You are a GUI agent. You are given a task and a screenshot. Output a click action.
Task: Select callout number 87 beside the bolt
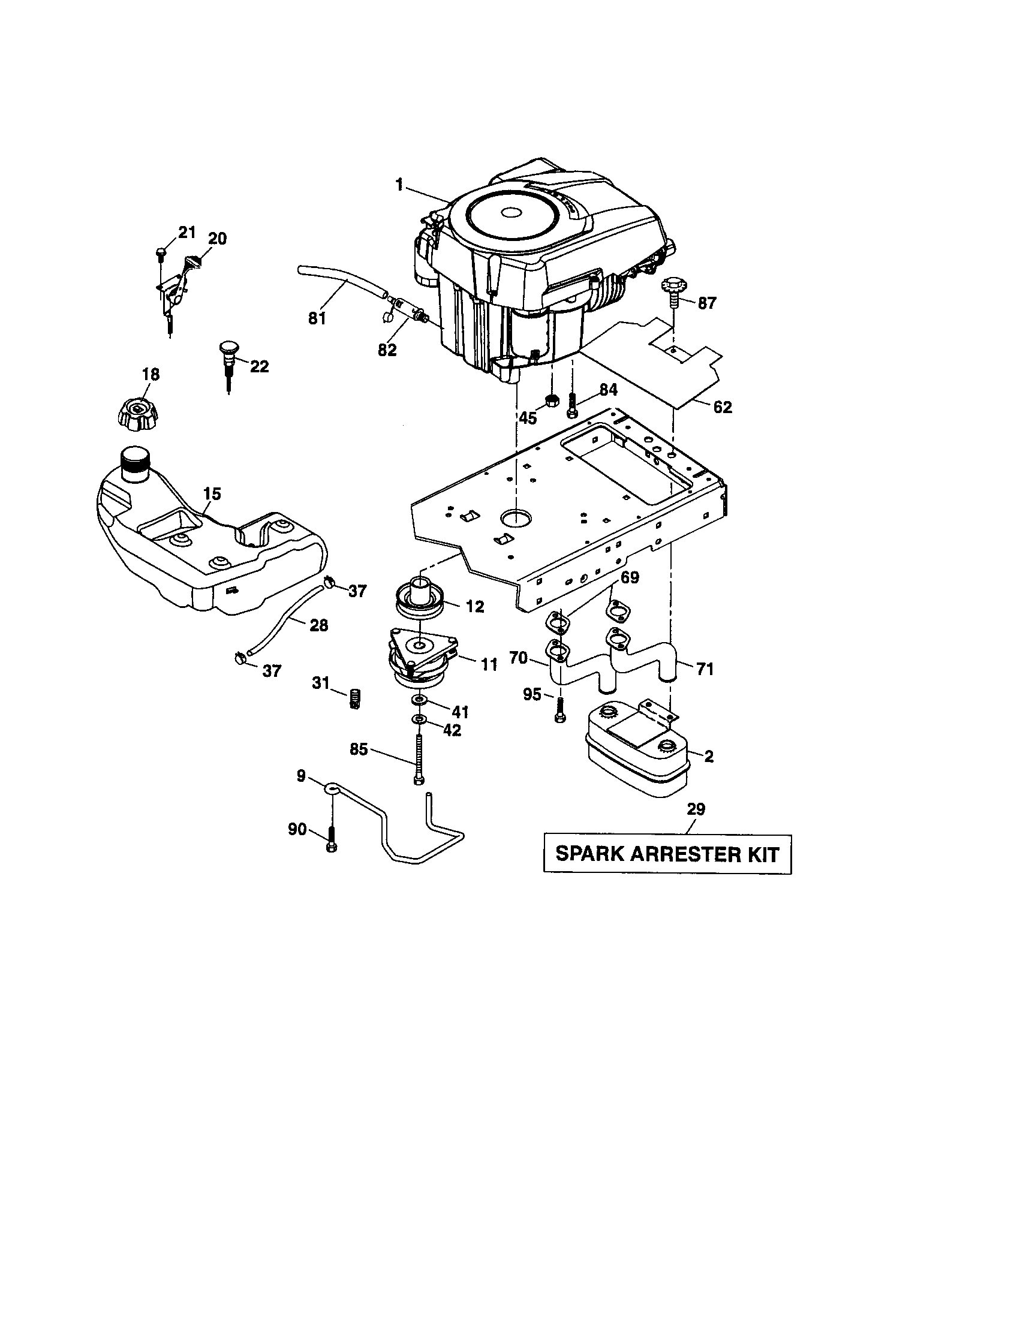[706, 303]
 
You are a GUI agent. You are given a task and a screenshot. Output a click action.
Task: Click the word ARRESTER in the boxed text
[668, 854]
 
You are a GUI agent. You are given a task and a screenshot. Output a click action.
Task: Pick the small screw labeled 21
[161, 252]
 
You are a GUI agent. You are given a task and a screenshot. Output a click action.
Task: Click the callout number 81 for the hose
[317, 319]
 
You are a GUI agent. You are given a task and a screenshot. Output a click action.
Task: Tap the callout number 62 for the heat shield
[723, 407]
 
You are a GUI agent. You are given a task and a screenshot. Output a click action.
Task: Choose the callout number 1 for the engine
[399, 185]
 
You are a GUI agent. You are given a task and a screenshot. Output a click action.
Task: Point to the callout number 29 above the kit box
[696, 809]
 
